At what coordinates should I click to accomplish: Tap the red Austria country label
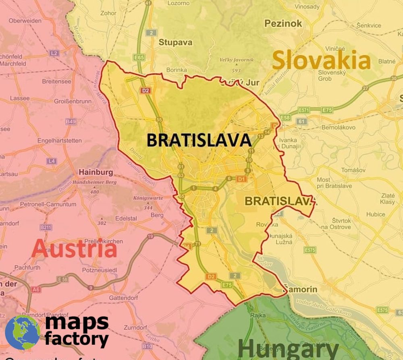[74, 248]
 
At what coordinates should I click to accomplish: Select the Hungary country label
[288, 349]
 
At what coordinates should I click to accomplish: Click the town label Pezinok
[283, 23]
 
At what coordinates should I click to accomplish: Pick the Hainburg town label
[96, 172]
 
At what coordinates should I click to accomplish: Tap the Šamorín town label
[300, 289]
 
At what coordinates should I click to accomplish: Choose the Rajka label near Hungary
[257, 315]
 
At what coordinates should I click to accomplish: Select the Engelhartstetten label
[59, 141]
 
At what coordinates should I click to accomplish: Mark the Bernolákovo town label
[338, 127]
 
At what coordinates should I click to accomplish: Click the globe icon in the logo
[22, 332]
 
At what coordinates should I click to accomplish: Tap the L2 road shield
[54, 53]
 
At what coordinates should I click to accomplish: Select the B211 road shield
[46, 228]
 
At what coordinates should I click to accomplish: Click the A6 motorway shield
[36, 289]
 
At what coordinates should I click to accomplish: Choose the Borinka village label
[177, 70]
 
